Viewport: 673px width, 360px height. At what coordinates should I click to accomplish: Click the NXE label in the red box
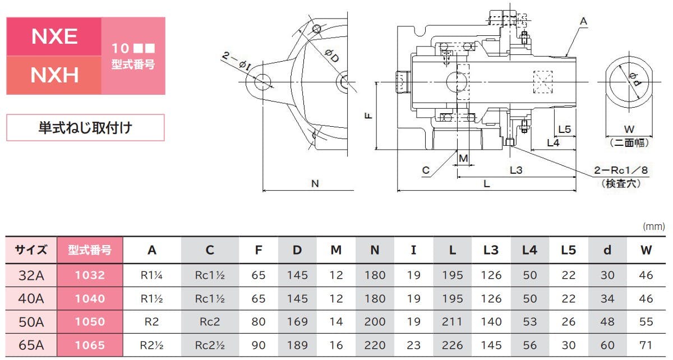pos(54,36)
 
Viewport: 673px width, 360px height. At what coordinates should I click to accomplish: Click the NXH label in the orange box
pos(54,75)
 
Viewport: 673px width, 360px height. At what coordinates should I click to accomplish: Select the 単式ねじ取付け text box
pos(85,128)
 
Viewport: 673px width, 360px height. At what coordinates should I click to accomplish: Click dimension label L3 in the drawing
pos(516,170)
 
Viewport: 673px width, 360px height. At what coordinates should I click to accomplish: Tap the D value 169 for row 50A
pos(297,322)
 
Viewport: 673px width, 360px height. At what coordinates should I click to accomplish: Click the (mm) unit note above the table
pos(653,227)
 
